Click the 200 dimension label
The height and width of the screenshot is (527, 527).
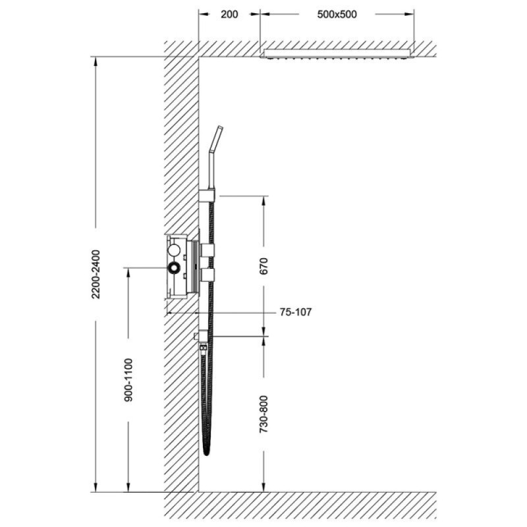tap(229, 14)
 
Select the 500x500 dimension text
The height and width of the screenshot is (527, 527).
tap(337, 14)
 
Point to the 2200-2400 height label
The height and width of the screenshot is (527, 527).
tap(96, 274)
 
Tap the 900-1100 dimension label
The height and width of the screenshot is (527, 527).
tap(128, 380)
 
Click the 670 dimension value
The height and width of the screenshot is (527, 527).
tap(264, 266)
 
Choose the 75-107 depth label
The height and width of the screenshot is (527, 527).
tap(295, 312)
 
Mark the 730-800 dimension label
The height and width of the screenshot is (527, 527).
tap(264, 414)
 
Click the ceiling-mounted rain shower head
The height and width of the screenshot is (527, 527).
tap(337, 54)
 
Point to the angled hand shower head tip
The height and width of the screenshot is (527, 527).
tap(220, 128)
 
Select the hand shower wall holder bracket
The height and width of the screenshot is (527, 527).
tap(207, 195)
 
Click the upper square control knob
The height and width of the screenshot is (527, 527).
tap(207, 250)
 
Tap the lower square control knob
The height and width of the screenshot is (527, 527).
tap(207, 275)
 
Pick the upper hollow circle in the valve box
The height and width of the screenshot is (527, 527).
tap(175, 250)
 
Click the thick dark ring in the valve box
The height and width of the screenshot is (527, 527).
tap(175, 268)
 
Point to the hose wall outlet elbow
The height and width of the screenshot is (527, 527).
tap(202, 335)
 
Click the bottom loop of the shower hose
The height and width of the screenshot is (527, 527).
tap(207, 452)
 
